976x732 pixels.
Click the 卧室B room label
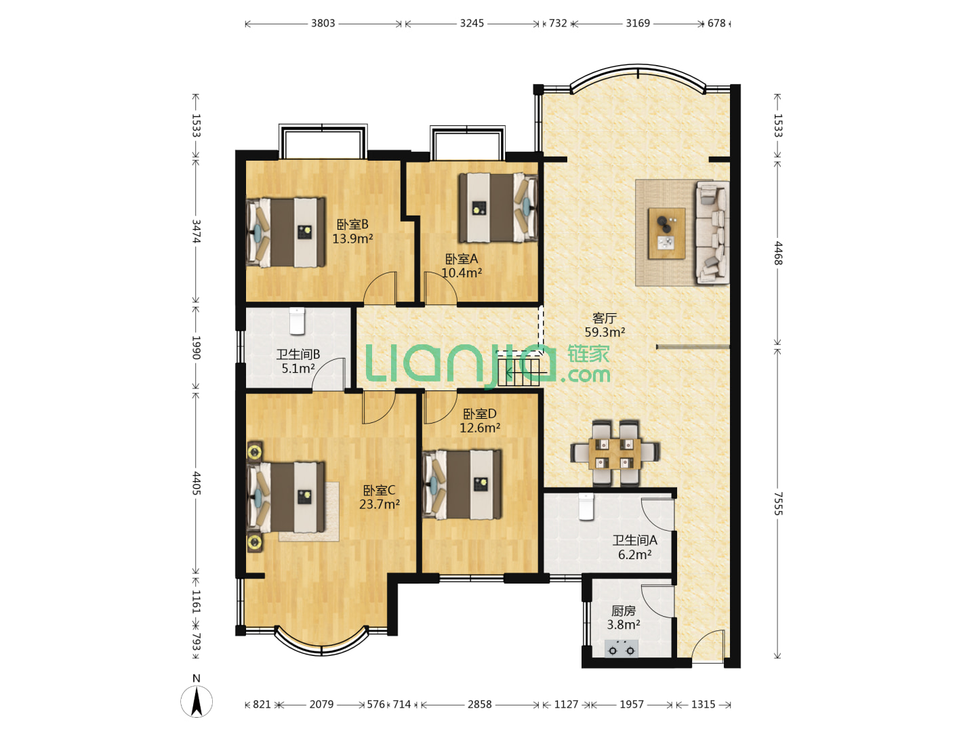352,224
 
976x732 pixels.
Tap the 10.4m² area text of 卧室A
461,273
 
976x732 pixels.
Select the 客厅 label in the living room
604,319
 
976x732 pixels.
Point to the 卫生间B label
298,354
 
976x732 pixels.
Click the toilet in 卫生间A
586,507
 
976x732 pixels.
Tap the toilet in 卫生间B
297,321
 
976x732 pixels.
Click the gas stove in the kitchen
621,649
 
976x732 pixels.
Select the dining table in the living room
615,454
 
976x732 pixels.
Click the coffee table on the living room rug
666,233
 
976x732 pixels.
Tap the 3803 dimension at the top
323,23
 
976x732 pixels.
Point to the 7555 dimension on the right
777,504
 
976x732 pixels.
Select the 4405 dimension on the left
196,483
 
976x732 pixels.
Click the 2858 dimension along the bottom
479,704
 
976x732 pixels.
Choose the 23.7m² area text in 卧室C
379,504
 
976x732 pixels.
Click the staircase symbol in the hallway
518,373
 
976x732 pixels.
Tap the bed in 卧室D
462,485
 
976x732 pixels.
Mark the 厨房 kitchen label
623,611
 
